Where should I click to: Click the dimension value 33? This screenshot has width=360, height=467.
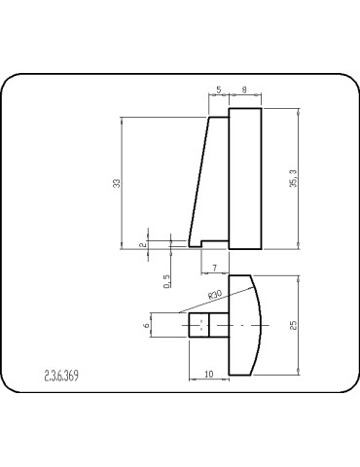coord(117,184)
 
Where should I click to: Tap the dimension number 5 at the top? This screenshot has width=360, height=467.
coord(218,90)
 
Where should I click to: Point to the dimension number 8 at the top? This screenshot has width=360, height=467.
coord(244,90)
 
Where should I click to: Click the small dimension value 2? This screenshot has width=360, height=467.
coord(142,245)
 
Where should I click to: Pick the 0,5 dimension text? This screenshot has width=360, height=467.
coord(167,281)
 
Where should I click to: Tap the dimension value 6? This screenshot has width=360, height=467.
coord(148,325)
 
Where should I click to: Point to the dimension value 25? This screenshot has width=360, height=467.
coord(292,326)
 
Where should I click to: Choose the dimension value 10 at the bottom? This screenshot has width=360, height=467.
coord(208,374)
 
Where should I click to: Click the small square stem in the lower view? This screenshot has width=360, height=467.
coord(198,325)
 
